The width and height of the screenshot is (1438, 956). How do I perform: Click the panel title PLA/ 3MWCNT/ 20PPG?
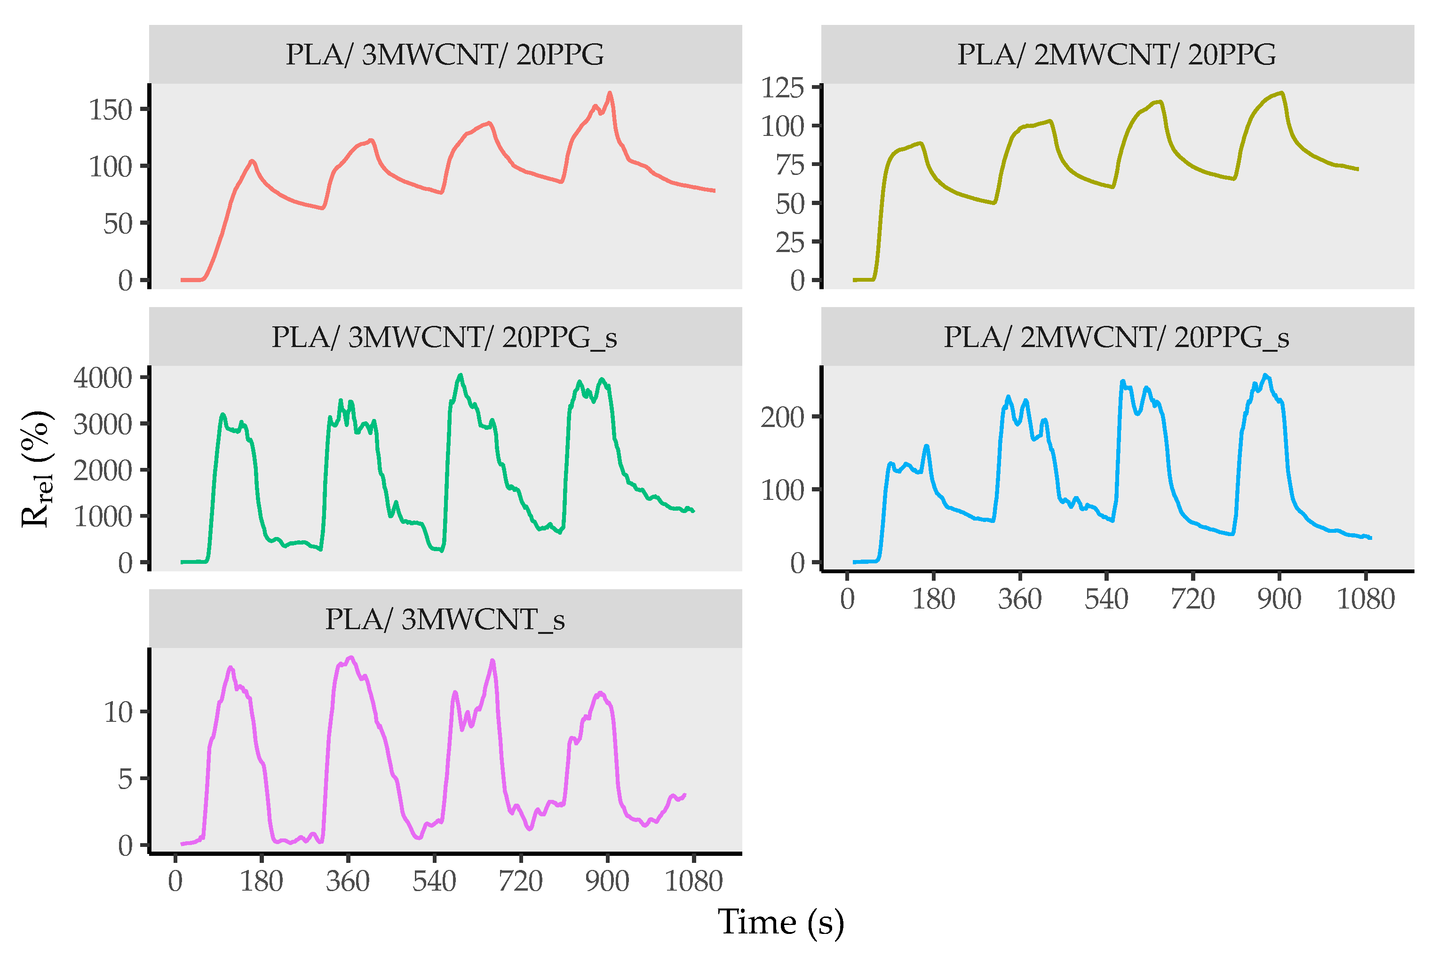[445, 55]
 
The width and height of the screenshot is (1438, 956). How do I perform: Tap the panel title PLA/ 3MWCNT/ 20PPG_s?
[445, 337]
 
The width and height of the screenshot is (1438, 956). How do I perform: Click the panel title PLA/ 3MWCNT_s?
[445, 619]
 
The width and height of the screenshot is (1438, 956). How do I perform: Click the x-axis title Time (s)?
[780, 921]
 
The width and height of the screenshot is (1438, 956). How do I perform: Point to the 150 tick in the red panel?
[111, 110]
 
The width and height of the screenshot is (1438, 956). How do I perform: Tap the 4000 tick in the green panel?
[103, 378]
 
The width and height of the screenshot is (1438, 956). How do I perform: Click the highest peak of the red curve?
[610, 93]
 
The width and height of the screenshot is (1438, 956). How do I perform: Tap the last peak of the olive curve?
[1282, 93]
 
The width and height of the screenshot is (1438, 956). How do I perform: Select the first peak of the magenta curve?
[230, 668]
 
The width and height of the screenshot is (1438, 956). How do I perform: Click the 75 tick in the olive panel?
[790, 165]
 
